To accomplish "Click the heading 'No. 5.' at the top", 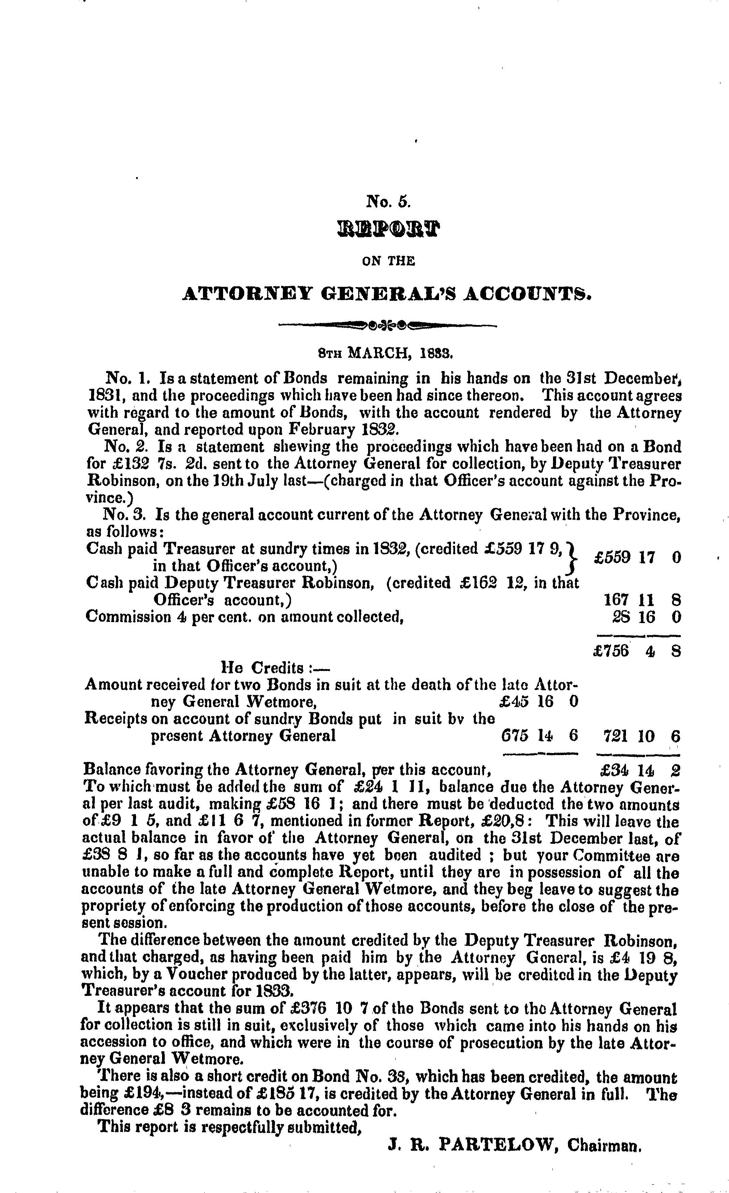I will (x=389, y=201).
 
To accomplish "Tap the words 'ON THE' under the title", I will (x=389, y=262).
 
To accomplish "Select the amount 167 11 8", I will (x=642, y=600).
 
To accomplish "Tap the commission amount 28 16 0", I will (x=646, y=617).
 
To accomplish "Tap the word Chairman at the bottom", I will (x=604, y=1146).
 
